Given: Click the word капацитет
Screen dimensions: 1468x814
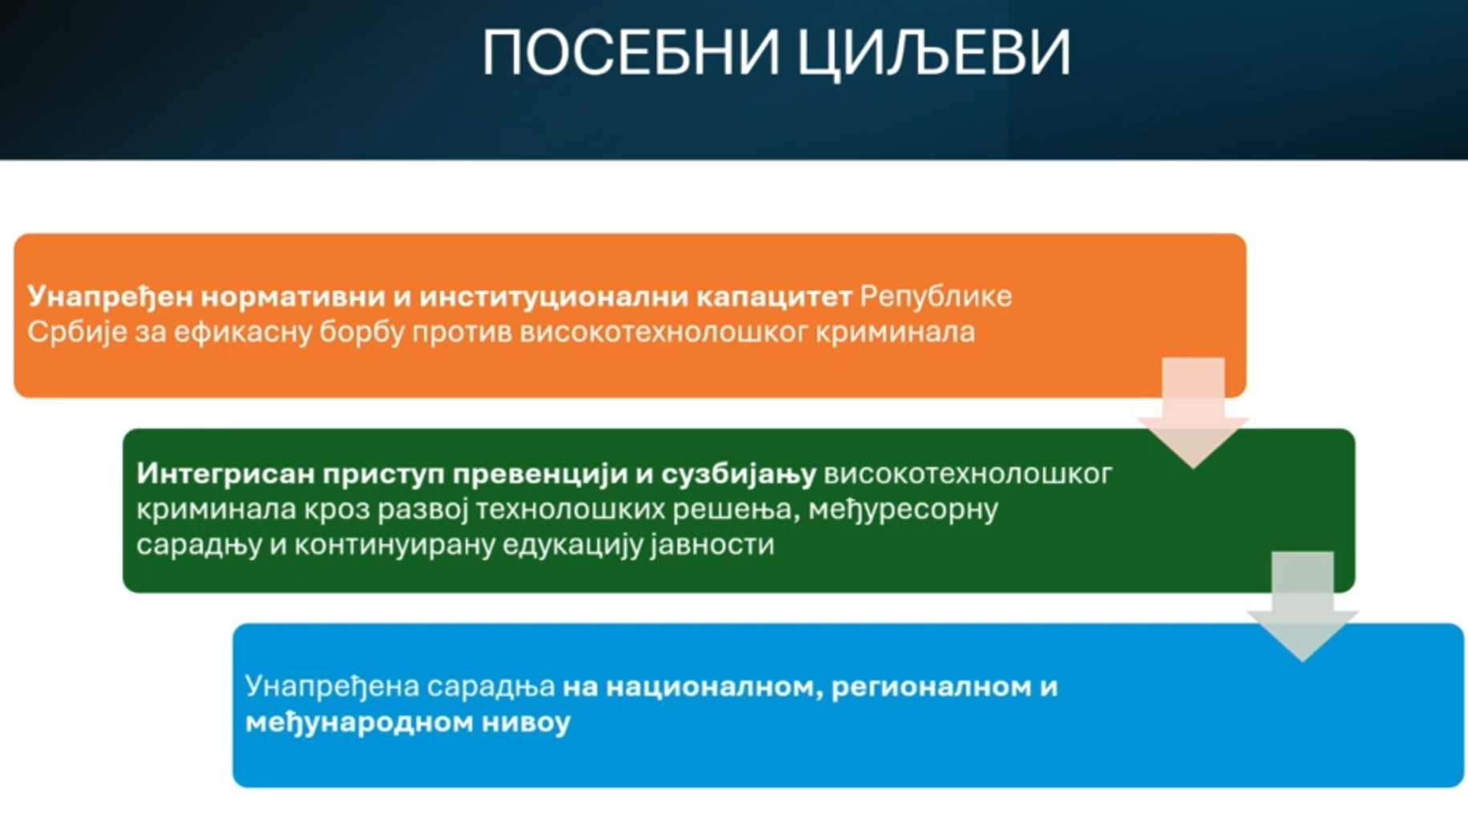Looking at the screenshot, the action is pos(774,297).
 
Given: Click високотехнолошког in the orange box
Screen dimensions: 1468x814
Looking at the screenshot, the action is pos(663,332).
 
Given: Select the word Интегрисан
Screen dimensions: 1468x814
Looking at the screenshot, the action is pos(225,474).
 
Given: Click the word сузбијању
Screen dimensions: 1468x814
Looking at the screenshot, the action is pos(738,474).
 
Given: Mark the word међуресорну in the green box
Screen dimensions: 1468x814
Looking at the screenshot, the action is pos(904,510).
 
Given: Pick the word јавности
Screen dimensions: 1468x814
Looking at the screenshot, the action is pos(713,545).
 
